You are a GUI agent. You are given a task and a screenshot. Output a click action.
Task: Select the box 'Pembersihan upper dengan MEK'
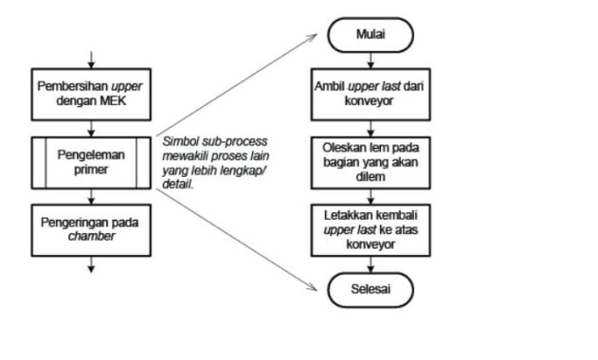point(91,92)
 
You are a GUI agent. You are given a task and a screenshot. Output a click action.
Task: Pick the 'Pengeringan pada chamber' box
point(91,227)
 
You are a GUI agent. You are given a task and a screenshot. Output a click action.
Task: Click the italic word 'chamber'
point(91,235)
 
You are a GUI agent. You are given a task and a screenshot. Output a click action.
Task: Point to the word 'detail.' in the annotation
point(178,182)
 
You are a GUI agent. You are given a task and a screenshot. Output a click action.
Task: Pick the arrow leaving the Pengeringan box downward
point(91,263)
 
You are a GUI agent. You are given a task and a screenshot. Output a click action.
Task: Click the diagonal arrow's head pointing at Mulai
point(314,38)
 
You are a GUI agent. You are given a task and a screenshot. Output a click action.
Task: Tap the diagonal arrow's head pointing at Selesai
point(314,283)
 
